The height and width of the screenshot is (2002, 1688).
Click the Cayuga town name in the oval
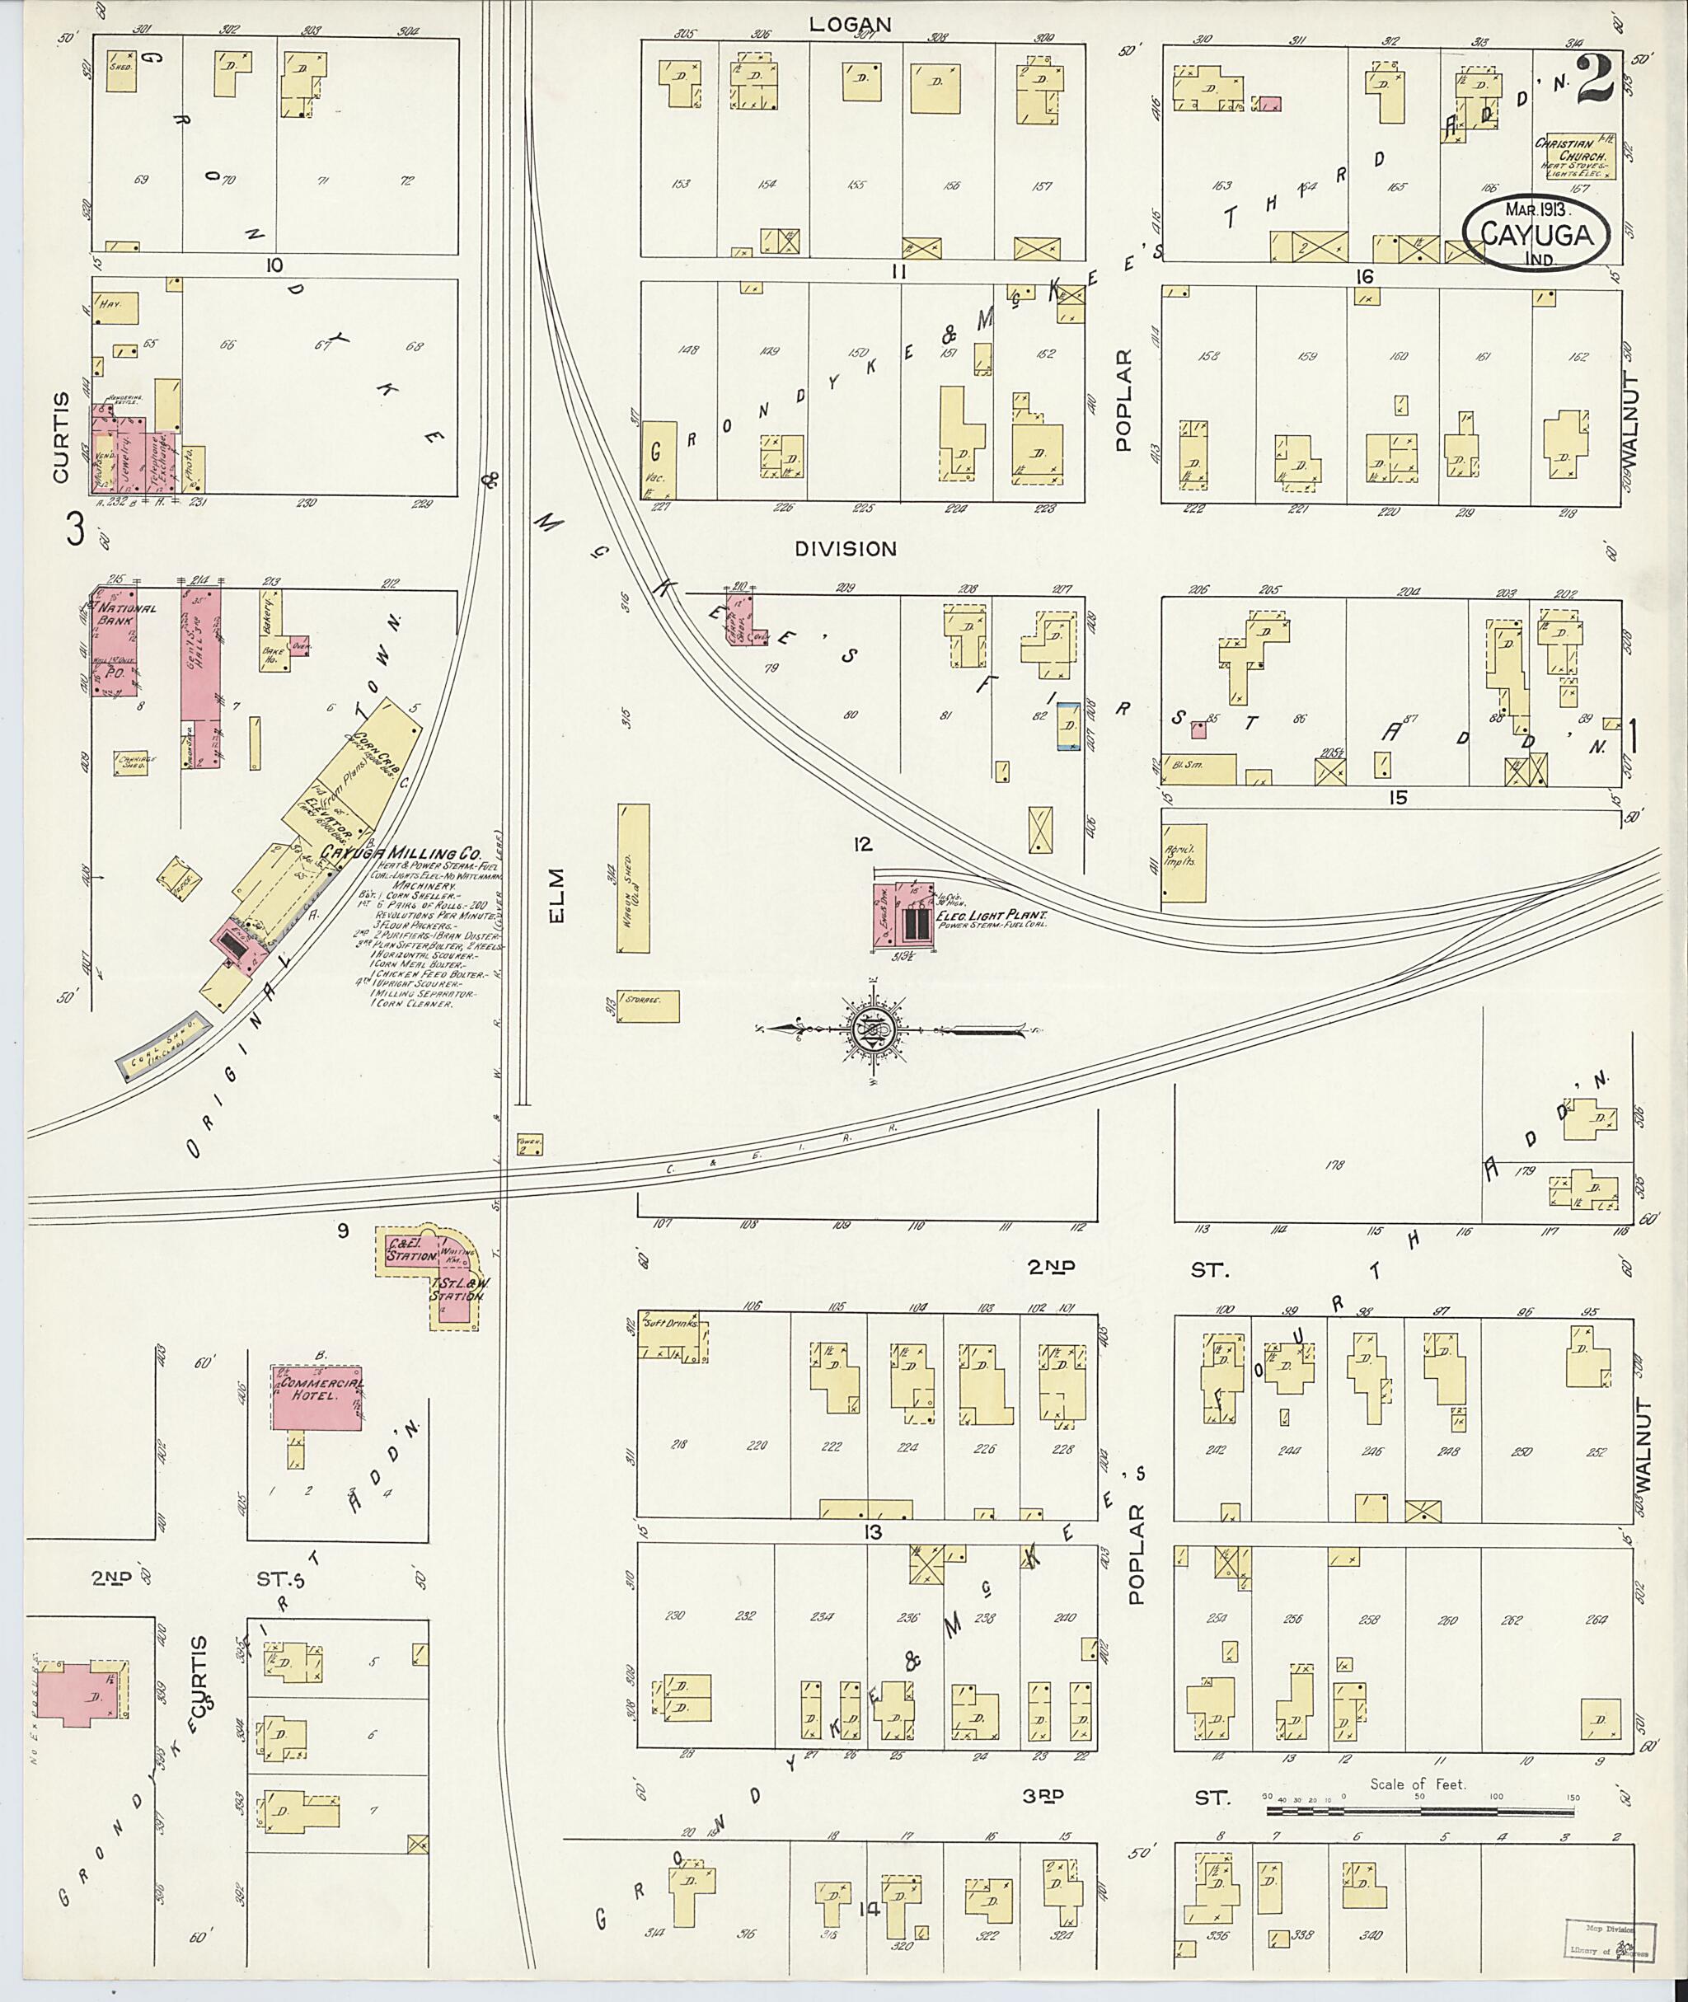[1540, 232]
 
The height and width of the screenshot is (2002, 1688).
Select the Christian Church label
[1575, 148]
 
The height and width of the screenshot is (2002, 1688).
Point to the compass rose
[872, 1029]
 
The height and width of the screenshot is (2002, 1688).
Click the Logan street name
[850, 25]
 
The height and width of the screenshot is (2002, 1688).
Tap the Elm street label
[557, 896]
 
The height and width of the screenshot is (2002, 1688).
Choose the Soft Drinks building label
[675, 1325]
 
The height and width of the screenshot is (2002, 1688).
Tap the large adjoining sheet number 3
[76, 529]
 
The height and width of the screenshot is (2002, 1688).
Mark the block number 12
[863, 844]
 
